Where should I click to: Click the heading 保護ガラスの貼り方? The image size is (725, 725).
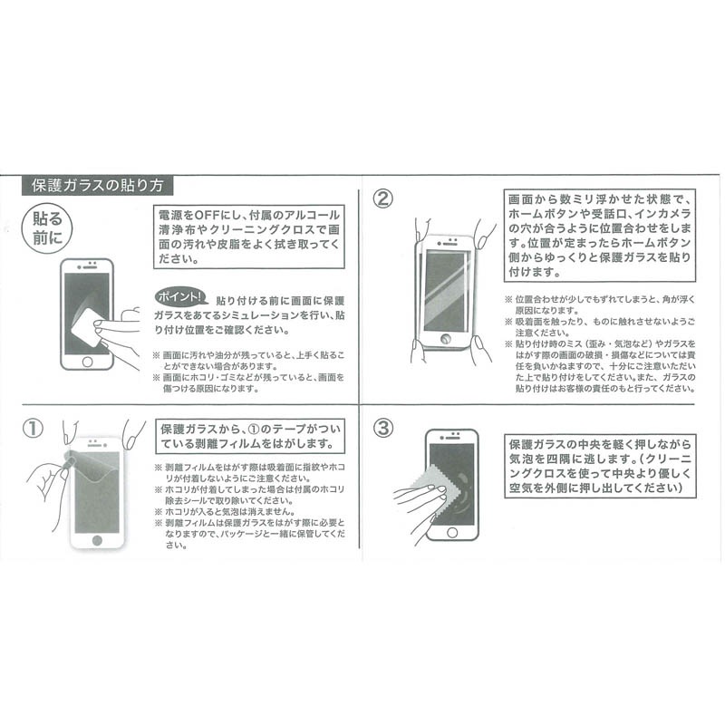click(97, 186)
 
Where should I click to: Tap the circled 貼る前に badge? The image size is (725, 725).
click(48, 228)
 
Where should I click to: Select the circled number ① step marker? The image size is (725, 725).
click(33, 428)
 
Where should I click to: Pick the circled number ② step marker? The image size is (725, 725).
click(383, 198)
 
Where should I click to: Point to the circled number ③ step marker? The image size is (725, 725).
click(383, 427)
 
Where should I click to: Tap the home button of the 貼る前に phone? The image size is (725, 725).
click(87, 361)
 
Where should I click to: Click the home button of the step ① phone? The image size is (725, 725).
click(97, 539)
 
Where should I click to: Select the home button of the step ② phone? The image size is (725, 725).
click(446, 338)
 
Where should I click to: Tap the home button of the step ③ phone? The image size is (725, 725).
click(452, 532)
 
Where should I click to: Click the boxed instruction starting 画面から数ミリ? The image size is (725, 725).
click(600, 236)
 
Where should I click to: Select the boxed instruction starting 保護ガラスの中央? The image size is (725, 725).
click(600, 466)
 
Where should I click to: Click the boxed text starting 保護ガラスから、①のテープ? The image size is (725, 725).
click(250, 437)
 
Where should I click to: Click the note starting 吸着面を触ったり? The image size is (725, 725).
click(600, 327)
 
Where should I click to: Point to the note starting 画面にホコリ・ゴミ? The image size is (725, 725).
click(248, 382)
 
